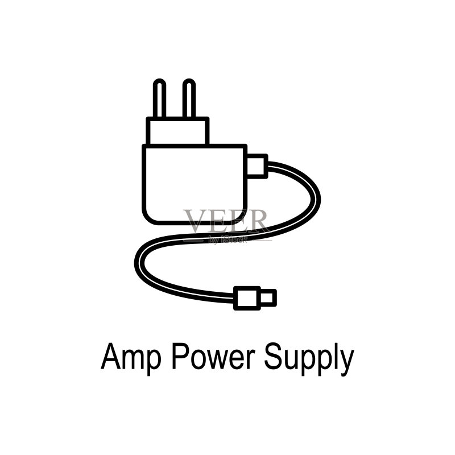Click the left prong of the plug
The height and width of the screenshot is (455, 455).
click(159, 98)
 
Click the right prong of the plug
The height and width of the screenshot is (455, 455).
click(189, 98)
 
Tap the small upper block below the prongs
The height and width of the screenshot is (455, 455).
click(177, 131)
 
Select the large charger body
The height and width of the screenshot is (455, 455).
click(195, 184)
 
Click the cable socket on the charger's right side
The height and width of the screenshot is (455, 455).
click(257, 166)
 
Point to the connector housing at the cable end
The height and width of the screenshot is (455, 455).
click(247, 298)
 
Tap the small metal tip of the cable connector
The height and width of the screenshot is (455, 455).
click(268, 298)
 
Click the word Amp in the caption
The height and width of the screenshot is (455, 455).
click(131, 357)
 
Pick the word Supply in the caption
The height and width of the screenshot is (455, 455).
click(309, 359)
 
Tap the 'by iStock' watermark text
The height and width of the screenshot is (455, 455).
click(228, 239)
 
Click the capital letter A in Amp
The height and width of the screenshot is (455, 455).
click(111, 356)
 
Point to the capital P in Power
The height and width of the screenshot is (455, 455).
click(181, 356)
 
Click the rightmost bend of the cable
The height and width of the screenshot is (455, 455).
click(317, 200)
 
